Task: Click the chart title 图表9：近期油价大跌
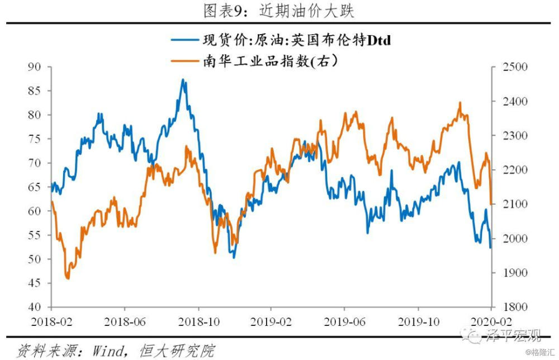tap(280, 10)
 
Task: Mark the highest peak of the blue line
tap(183, 80)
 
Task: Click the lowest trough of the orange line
tap(68, 278)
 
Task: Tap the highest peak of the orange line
tap(460, 103)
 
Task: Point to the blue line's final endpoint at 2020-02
tap(491, 247)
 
